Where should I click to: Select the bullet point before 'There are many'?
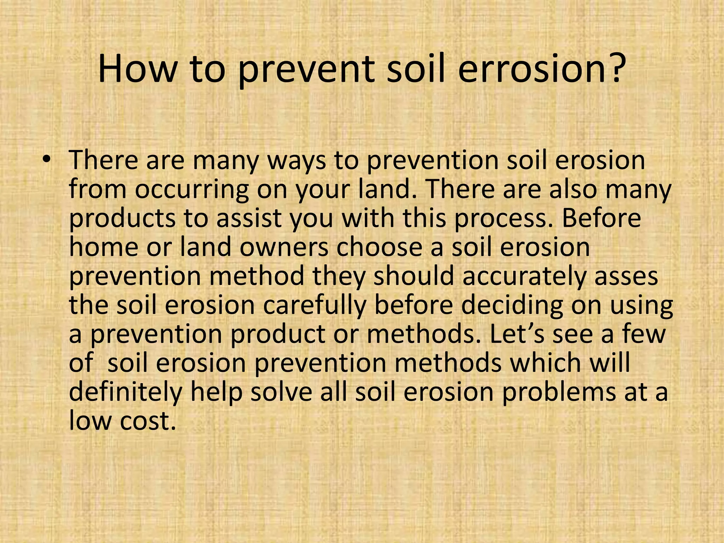45,160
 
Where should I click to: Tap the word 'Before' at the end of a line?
601,218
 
